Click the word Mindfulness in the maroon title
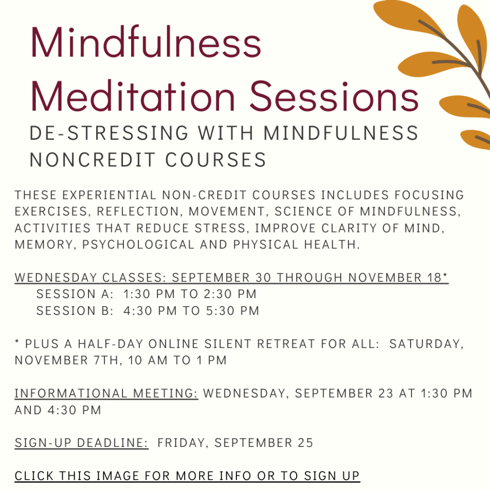click(x=145, y=43)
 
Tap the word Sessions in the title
click(x=334, y=96)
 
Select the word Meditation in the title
click(x=133, y=96)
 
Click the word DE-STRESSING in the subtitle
click(x=109, y=133)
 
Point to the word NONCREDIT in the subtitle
click(x=92, y=160)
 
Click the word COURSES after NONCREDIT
click(x=215, y=160)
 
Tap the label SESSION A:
click(x=75, y=294)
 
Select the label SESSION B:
click(x=75, y=311)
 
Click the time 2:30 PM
click(x=230, y=294)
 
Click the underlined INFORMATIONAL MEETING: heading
click(x=106, y=393)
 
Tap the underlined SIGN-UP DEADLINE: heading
click(x=81, y=443)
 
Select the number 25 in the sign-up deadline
click(x=305, y=443)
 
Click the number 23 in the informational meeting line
click(x=386, y=393)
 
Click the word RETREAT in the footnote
click(x=286, y=344)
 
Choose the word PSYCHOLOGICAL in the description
click(x=138, y=245)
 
